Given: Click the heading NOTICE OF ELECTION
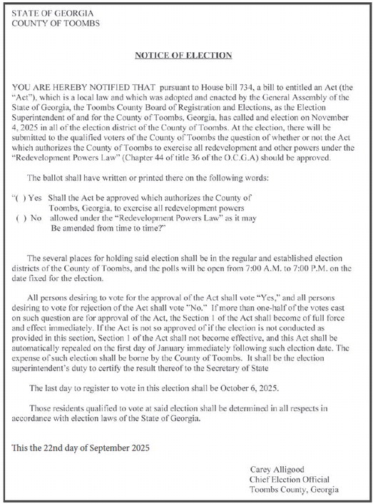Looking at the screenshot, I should point(184,55).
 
